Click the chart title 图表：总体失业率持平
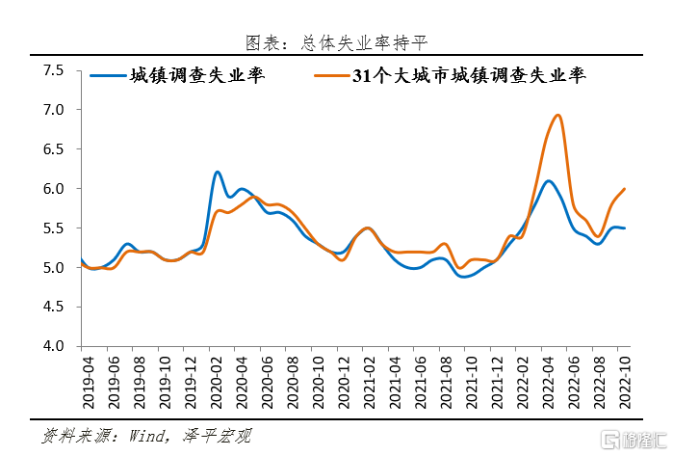336,42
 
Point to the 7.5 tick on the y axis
53,70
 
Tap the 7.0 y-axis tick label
53,110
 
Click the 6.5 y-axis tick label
53,149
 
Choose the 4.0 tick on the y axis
53,346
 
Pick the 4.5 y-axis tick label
53,307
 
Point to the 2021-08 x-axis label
446,378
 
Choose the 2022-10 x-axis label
627,378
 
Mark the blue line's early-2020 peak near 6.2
218,172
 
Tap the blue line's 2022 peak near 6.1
549,180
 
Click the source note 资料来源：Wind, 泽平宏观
145,435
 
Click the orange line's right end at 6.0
626,189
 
